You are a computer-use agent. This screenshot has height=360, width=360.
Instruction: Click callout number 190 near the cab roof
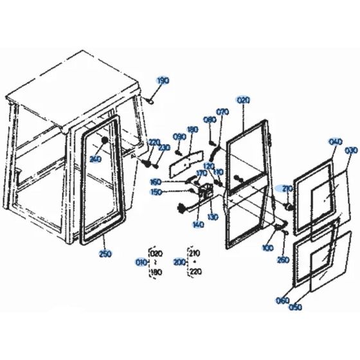point(163,80)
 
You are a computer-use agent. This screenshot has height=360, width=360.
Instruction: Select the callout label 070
point(223,112)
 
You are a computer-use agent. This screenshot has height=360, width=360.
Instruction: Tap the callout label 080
point(209,120)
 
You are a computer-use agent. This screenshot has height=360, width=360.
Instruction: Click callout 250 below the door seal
point(105,255)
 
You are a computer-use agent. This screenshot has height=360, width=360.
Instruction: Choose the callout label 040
point(335,142)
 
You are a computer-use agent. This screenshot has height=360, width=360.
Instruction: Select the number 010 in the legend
point(141,263)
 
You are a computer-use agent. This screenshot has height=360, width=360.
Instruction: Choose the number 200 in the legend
point(177,263)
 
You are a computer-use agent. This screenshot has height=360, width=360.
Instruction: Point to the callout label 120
point(210,166)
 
